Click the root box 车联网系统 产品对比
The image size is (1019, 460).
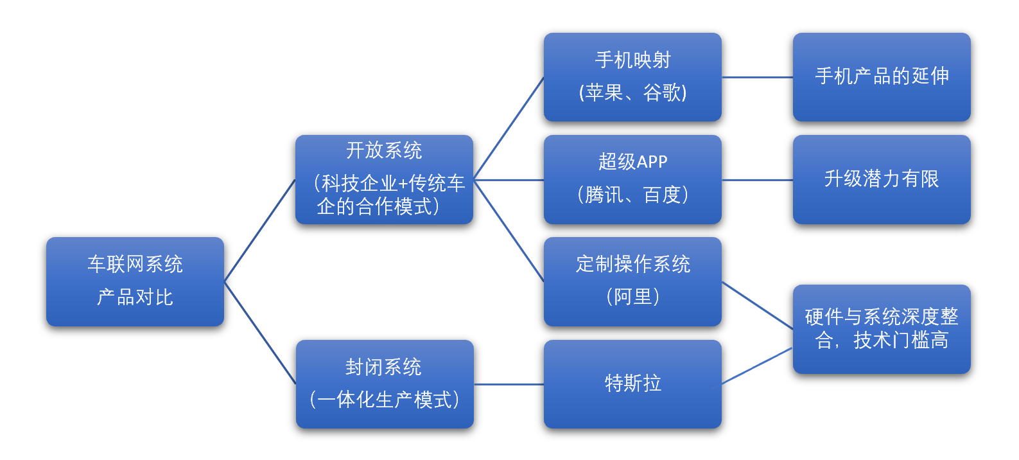point(135,281)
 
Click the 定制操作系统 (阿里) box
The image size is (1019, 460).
point(632,281)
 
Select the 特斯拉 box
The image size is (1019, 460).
point(632,384)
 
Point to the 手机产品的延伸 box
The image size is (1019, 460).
point(882,77)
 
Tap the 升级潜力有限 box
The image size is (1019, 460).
point(882,179)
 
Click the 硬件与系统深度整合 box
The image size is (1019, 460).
point(882,329)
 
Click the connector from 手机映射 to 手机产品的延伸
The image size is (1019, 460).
point(757,77)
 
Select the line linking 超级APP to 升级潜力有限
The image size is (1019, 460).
point(757,180)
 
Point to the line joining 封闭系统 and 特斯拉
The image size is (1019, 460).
point(509,384)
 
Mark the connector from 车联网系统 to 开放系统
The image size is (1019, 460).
point(259,231)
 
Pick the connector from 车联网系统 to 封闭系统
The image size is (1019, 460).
point(259,333)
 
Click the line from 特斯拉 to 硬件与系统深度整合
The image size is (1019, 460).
point(757,366)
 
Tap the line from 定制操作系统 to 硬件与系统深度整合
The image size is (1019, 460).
point(757,305)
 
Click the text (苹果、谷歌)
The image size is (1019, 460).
point(632,93)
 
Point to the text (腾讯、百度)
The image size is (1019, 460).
point(632,195)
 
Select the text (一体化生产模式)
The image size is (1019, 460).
point(384,400)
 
